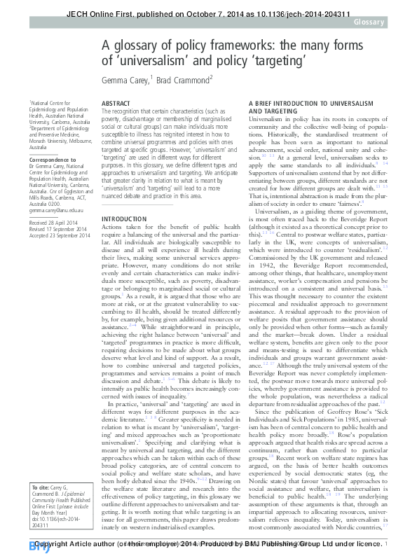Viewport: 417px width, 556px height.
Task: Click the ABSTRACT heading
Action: pyautogui.click(x=116, y=104)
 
